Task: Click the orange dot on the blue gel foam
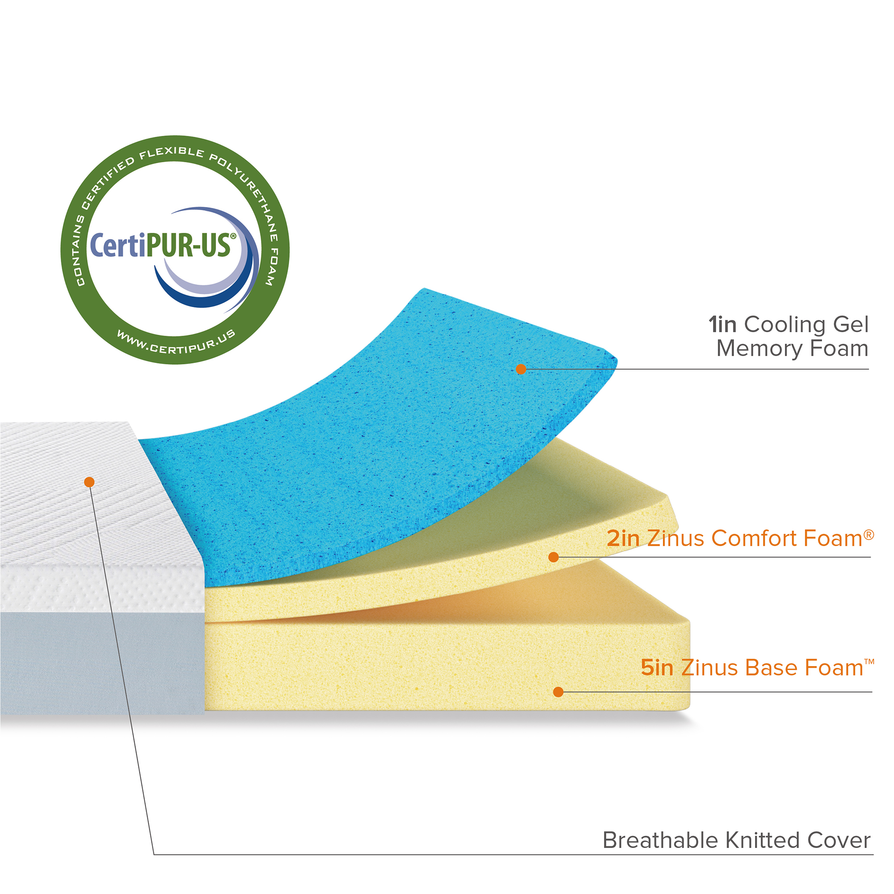coord(521,369)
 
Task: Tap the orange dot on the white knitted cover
coord(89,482)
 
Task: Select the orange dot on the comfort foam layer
coord(553,557)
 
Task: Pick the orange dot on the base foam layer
coord(558,692)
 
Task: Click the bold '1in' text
coord(722,325)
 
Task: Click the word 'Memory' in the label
coord(759,349)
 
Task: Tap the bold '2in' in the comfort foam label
coord(623,539)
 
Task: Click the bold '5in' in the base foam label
coord(657,668)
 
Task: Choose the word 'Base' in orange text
coord(771,668)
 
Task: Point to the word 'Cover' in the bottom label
coord(839,841)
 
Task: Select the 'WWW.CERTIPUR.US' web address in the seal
coord(176,343)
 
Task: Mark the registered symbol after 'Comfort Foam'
coord(869,535)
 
